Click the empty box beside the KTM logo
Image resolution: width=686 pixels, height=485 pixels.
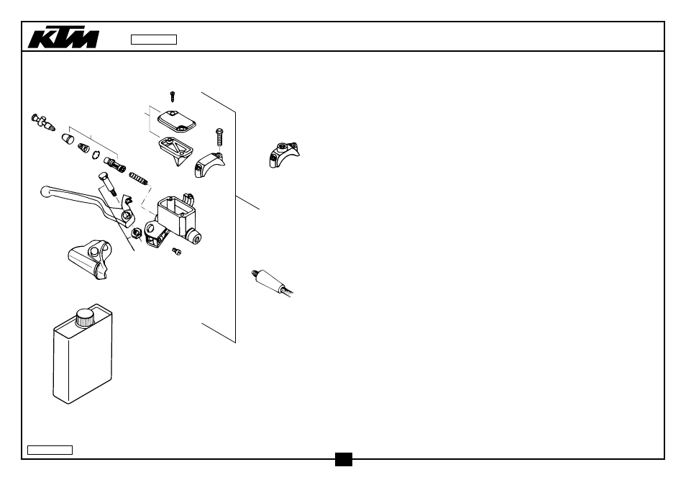coord(154,40)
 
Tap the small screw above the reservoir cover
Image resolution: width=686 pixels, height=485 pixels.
coord(173,96)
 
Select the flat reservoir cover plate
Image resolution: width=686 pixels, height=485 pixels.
coord(177,121)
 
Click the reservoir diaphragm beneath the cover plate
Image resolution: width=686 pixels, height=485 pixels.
coord(176,150)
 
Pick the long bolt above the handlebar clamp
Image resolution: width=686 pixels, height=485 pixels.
coord(219,137)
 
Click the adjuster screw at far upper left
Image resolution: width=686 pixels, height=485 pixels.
coord(43,122)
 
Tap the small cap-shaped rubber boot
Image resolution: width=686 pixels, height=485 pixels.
coord(68,139)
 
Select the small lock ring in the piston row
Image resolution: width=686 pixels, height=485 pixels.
coord(96,155)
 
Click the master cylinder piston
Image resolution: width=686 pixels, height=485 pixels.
coord(114,165)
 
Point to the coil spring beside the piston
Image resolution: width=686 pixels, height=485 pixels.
coord(138,178)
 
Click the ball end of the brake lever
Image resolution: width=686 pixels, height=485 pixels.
coord(45,191)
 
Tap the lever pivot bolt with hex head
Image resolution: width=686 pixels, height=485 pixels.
coord(108,183)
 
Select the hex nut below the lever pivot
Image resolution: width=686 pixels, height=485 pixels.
coord(136,233)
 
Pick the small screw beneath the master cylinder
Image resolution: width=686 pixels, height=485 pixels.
coord(177,251)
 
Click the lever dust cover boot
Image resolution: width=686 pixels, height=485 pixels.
coord(90,259)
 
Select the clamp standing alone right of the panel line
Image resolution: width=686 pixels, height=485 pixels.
coord(284,155)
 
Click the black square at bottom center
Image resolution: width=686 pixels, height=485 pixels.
coord(344,459)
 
